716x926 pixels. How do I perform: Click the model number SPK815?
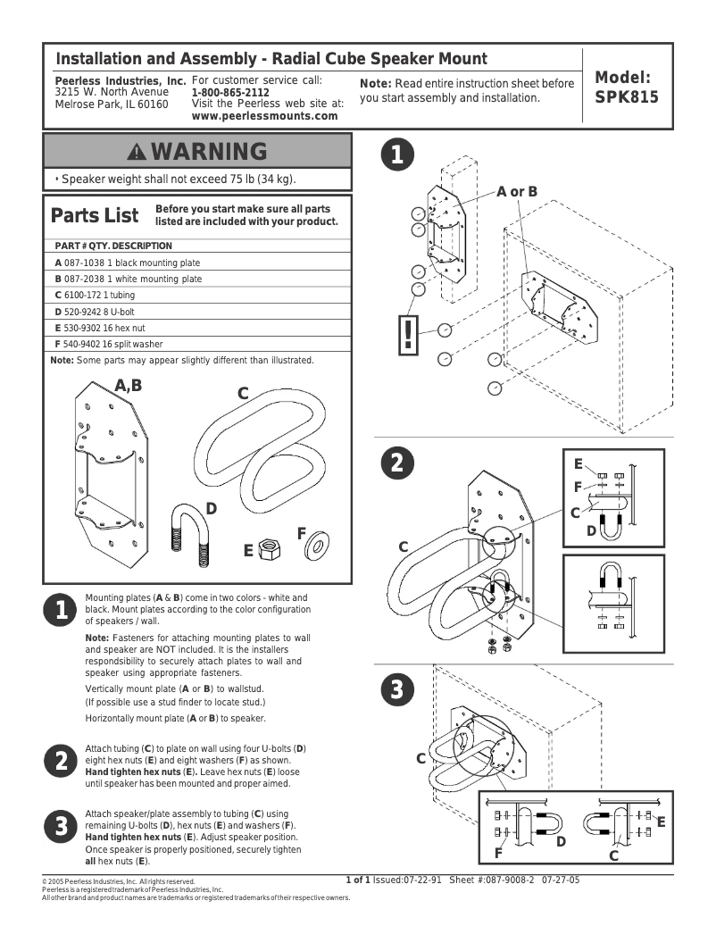point(626,97)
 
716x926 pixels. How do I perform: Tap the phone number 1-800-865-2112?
point(230,93)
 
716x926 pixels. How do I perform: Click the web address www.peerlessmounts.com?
point(258,115)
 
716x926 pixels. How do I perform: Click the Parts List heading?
point(95,216)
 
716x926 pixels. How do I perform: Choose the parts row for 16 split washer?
point(108,344)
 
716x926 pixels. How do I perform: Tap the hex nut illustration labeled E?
point(266,547)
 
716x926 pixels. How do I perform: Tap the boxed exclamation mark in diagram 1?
point(409,333)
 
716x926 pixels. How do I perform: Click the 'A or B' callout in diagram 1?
point(517,191)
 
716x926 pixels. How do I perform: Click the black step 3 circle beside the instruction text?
point(59,827)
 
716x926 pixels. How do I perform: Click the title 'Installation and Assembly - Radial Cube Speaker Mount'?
point(271,60)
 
